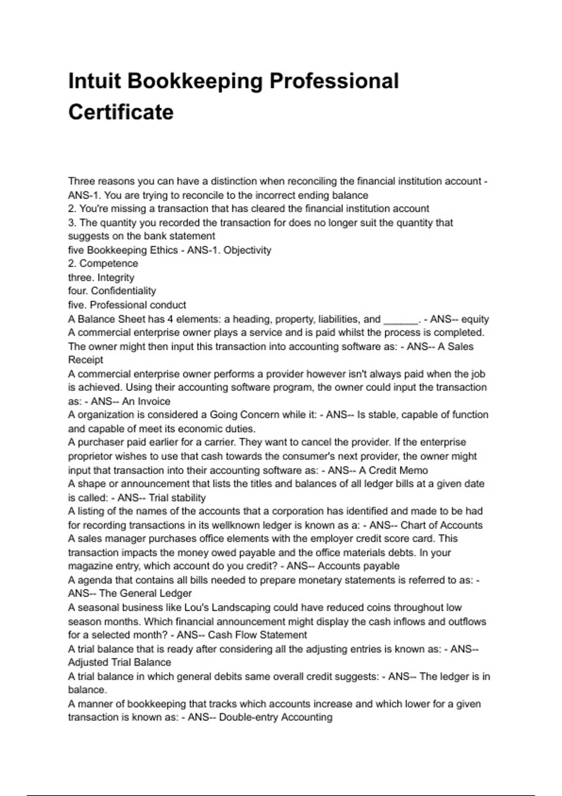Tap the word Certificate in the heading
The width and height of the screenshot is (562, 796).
coord(121,112)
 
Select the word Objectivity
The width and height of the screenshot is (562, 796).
coord(247,250)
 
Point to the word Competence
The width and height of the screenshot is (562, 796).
coord(109,264)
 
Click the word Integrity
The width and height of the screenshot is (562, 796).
coord(116,278)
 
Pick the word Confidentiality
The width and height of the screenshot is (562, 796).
coord(123,291)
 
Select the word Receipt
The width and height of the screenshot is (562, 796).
coord(86,360)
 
